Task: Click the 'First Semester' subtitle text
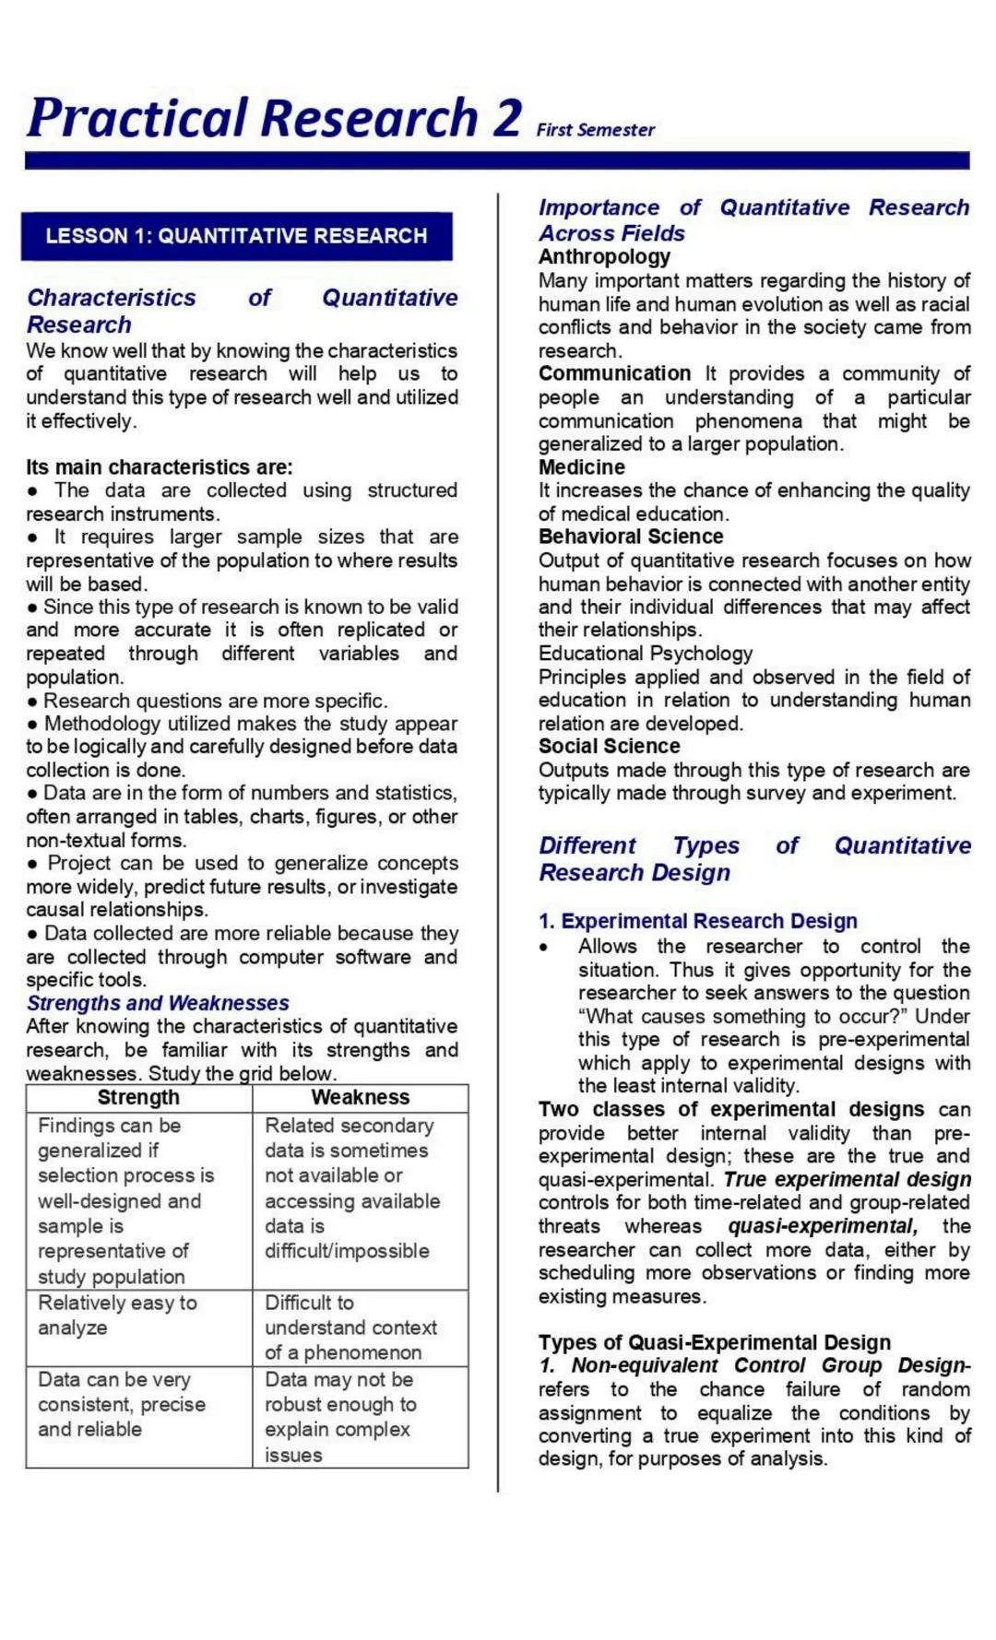(x=595, y=130)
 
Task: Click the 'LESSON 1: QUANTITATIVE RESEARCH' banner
(x=236, y=236)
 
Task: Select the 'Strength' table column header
(x=138, y=1097)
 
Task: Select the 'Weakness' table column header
(x=360, y=1097)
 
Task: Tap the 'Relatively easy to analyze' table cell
(x=117, y=1316)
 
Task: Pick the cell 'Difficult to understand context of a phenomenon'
(x=350, y=1327)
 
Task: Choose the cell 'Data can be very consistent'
(x=121, y=1404)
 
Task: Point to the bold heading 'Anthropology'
(x=604, y=257)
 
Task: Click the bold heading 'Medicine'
(x=581, y=467)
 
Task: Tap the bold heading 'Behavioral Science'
(x=631, y=537)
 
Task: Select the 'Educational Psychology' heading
(x=646, y=654)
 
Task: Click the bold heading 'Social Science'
(x=609, y=747)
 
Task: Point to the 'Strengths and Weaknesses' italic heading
(x=158, y=1003)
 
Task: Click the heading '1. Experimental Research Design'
(x=698, y=921)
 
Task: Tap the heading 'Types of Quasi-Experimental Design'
(x=715, y=1342)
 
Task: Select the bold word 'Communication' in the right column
(x=614, y=373)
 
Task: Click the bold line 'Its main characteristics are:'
(x=159, y=467)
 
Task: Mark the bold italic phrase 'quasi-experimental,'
(x=823, y=1226)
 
